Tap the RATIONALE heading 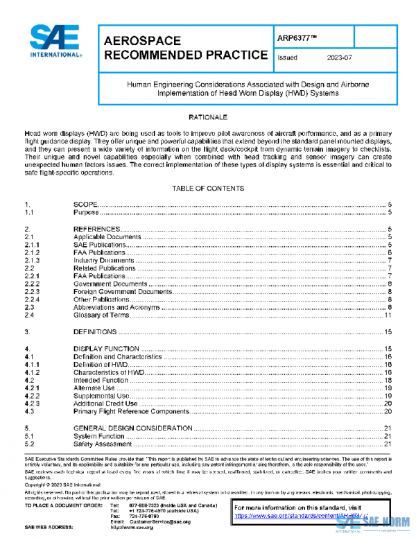pos(208,117)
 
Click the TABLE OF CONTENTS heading pos(208,188)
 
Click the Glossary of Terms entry pos(101,315)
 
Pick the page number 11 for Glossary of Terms pos(389,315)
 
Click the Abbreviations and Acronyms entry pos(116,307)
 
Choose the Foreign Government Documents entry pos(123,291)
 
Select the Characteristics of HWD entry pos(110,372)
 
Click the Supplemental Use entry pos(101,396)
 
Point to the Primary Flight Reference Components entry pos(131,411)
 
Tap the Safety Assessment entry pos(103,444)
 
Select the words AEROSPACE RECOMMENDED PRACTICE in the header pos(184,48)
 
